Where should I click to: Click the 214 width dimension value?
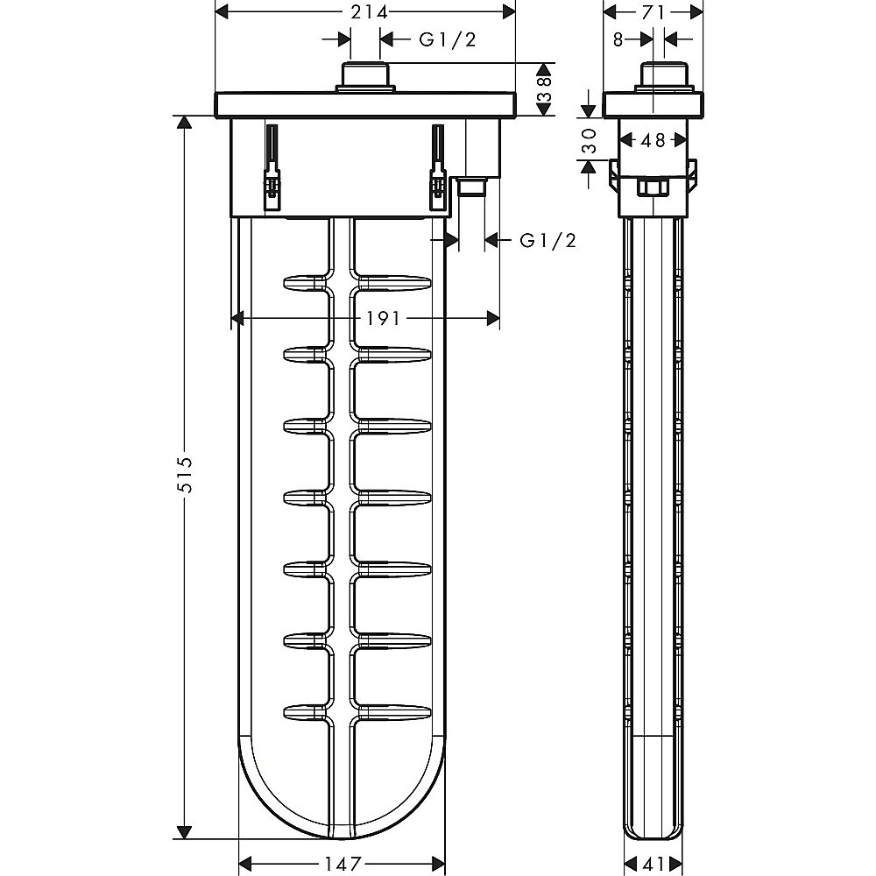[369, 12]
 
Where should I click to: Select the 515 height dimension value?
[185, 475]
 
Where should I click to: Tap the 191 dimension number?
[384, 319]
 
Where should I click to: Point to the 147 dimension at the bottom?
[343, 864]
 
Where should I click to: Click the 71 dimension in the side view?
[653, 12]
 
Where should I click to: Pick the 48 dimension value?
[653, 139]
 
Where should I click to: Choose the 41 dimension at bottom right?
[653, 864]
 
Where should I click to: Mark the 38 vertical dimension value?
[545, 88]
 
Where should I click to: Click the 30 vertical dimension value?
[589, 141]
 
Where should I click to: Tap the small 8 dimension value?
[618, 39]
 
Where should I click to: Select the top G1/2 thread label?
[448, 39]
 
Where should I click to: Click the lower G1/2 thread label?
[548, 240]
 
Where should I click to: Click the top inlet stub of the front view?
[365, 77]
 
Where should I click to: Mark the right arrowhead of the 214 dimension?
[508, 11]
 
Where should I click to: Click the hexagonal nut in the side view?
[653, 187]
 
